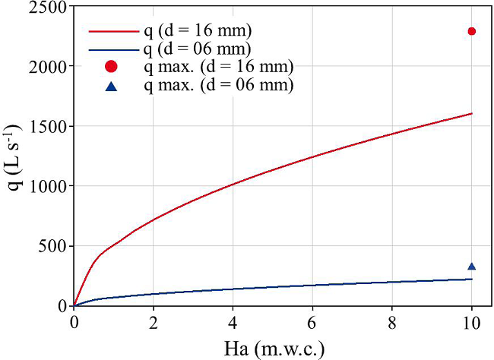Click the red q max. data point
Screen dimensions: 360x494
(472, 31)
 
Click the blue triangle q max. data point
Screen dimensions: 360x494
(472, 267)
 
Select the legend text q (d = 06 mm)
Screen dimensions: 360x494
(198, 49)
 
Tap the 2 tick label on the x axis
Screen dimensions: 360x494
(154, 321)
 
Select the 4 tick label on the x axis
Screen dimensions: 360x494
(233, 321)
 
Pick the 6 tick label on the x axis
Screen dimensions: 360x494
(312, 321)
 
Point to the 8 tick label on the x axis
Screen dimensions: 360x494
(392, 321)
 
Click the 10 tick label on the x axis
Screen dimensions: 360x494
(472, 321)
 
